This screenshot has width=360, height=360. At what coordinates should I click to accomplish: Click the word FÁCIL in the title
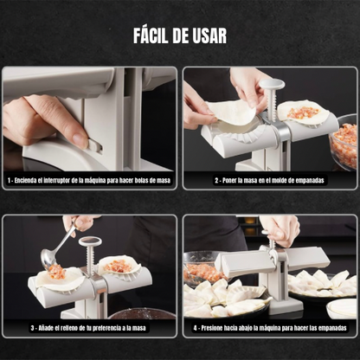pyautogui.click(x=151, y=35)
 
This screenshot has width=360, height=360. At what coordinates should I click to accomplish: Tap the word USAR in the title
pyautogui.click(x=210, y=35)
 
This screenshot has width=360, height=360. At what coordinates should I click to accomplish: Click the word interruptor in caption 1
pyautogui.click(x=55, y=180)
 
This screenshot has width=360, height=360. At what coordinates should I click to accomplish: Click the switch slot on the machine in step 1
pyautogui.click(x=96, y=145)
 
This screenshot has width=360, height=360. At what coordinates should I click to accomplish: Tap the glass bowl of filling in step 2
pyautogui.click(x=344, y=143)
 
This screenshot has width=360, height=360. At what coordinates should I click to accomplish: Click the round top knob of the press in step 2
pyautogui.click(x=272, y=85)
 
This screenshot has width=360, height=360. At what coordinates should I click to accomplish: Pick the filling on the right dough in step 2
pyautogui.click(x=304, y=112)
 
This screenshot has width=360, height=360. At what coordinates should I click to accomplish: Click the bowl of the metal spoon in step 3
pyautogui.click(x=48, y=259)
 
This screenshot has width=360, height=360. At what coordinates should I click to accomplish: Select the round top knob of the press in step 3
pyautogui.click(x=90, y=241)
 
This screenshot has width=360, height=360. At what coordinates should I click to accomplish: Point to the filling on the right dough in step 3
pyautogui.click(x=118, y=266)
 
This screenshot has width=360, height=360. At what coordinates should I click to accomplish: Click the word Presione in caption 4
pyautogui.click(x=212, y=328)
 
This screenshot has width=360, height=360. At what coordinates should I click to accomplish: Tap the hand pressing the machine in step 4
pyautogui.click(x=280, y=228)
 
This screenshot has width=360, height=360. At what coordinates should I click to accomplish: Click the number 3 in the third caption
pyautogui.click(x=33, y=328)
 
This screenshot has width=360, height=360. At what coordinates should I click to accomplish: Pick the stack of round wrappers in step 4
pyautogui.click(x=343, y=308)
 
